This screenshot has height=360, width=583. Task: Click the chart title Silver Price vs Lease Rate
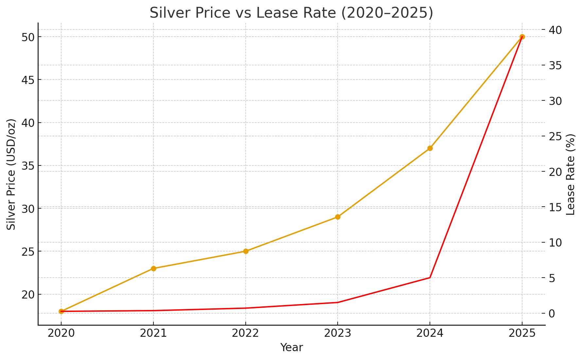[291, 13]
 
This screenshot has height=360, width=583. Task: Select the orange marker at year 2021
[153, 268]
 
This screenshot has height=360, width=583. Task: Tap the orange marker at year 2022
[246, 251]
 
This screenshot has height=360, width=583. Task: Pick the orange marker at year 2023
[338, 217]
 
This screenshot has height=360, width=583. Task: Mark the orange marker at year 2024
[430, 148]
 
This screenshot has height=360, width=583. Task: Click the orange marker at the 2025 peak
[522, 37]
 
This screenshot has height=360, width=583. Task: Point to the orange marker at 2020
[61, 311]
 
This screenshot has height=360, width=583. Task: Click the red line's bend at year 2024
[430, 278]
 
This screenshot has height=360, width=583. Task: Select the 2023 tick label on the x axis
[338, 333]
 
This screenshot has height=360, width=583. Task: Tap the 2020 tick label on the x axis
[61, 333]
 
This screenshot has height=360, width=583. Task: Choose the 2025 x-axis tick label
[522, 333]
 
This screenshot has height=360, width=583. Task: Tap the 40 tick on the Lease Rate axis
[555, 30]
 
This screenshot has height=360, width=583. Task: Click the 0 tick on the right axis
[552, 313]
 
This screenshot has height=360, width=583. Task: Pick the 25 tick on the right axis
[555, 136]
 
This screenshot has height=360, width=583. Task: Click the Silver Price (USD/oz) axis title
[11, 174]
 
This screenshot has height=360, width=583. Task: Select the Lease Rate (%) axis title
[571, 174]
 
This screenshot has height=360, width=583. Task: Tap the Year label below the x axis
[291, 348]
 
